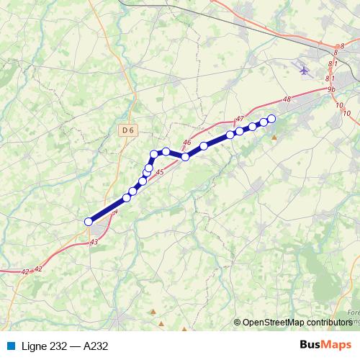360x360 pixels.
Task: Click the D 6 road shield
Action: (127, 130)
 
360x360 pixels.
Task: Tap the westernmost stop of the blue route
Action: (89, 222)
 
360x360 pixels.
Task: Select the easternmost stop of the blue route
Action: (271, 119)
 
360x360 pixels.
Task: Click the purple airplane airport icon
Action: (303, 71)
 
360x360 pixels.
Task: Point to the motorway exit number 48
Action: (287, 99)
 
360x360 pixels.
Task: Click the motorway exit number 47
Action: (240, 119)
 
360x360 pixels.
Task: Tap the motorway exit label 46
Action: (187, 143)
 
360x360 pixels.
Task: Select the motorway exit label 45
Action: (159, 171)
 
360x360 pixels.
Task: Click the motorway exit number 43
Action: (94, 243)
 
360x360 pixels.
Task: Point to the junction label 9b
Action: (331, 89)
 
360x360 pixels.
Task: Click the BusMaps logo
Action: (325, 346)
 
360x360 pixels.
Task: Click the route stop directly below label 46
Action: (185, 156)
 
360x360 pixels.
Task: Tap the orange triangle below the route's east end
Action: (273, 136)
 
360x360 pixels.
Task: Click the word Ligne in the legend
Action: (35, 346)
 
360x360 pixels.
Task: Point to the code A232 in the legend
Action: (96, 346)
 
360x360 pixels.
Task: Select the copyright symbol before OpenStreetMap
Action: (238, 323)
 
